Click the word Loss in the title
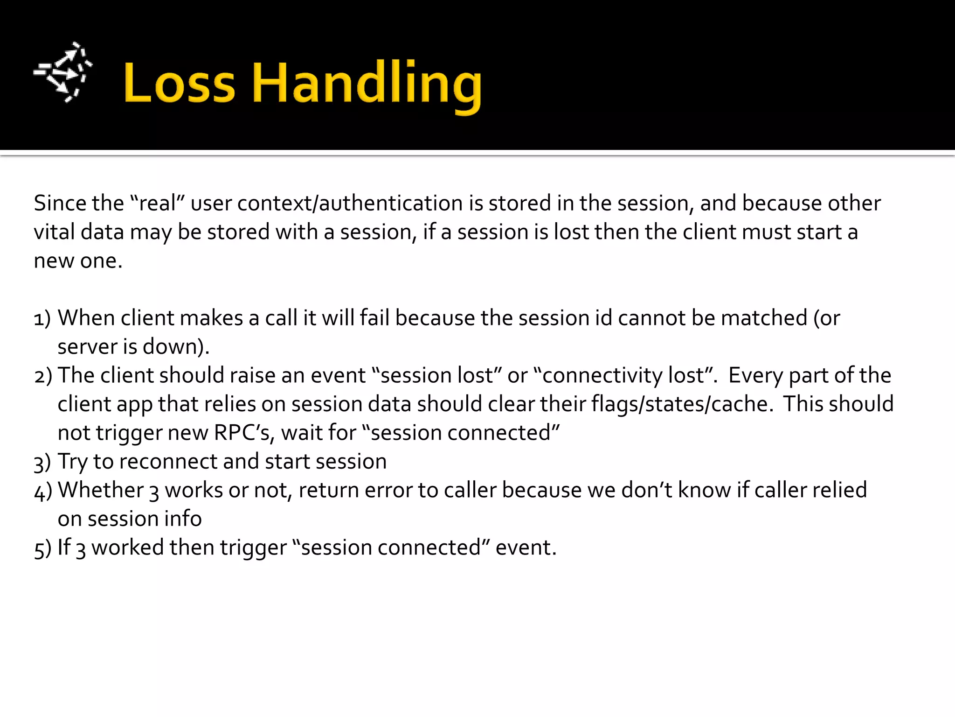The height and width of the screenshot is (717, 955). [179, 83]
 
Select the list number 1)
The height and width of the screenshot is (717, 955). [42, 319]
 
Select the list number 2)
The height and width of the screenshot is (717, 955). [43, 376]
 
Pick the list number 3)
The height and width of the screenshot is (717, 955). [42, 463]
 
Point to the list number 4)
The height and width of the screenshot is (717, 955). [43, 491]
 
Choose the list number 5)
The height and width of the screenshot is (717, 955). [42, 548]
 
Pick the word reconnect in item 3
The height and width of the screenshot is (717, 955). [168, 462]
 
